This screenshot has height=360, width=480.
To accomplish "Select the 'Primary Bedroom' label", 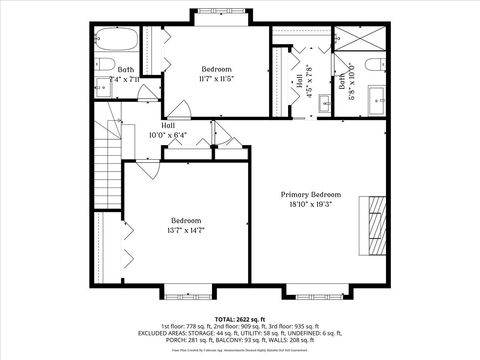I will pyautogui.click(x=310, y=194).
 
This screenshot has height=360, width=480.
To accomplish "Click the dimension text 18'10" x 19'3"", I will pyautogui.click(x=310, y=204).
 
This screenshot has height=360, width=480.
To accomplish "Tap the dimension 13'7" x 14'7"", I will pyautogui.click(x=185, y=230).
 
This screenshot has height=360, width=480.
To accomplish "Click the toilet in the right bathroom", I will pyautogui.click(x=372, y=67).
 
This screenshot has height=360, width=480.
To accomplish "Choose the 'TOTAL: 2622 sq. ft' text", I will pyautogui.click(x=240, y=316).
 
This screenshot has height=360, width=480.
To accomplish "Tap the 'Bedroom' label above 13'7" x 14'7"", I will pyautogui.click(x=185, y=220).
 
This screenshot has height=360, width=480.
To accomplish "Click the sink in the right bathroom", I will pyautogui.click(x=376, y=100).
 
